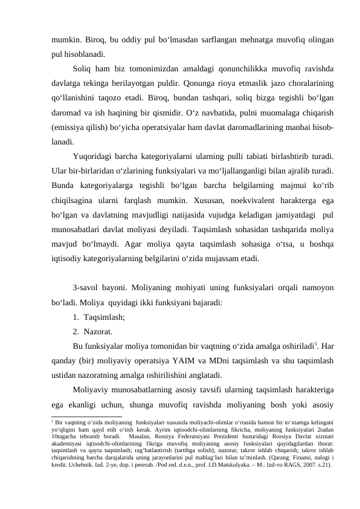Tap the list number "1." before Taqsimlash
tap(77, 316)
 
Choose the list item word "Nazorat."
tap(98, 331)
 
